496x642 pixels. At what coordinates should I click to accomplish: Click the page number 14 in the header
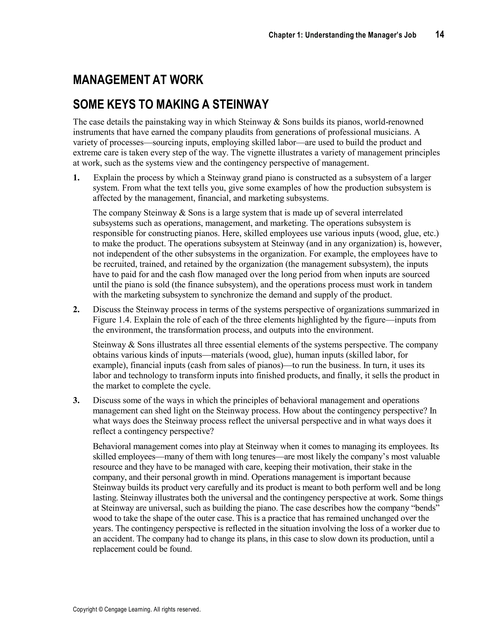(x=440, y=35)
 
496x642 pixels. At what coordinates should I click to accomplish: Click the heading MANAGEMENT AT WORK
(x=138, y=80)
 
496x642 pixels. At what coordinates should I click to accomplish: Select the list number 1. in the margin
(x=76, y=178)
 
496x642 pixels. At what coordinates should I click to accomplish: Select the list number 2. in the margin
(x=76, y=310)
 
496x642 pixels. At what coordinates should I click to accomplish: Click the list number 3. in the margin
(x=76, y=400)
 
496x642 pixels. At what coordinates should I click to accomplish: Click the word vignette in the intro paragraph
(x=260, y=153)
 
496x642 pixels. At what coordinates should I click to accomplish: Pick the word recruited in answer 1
(x=119, y=264)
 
